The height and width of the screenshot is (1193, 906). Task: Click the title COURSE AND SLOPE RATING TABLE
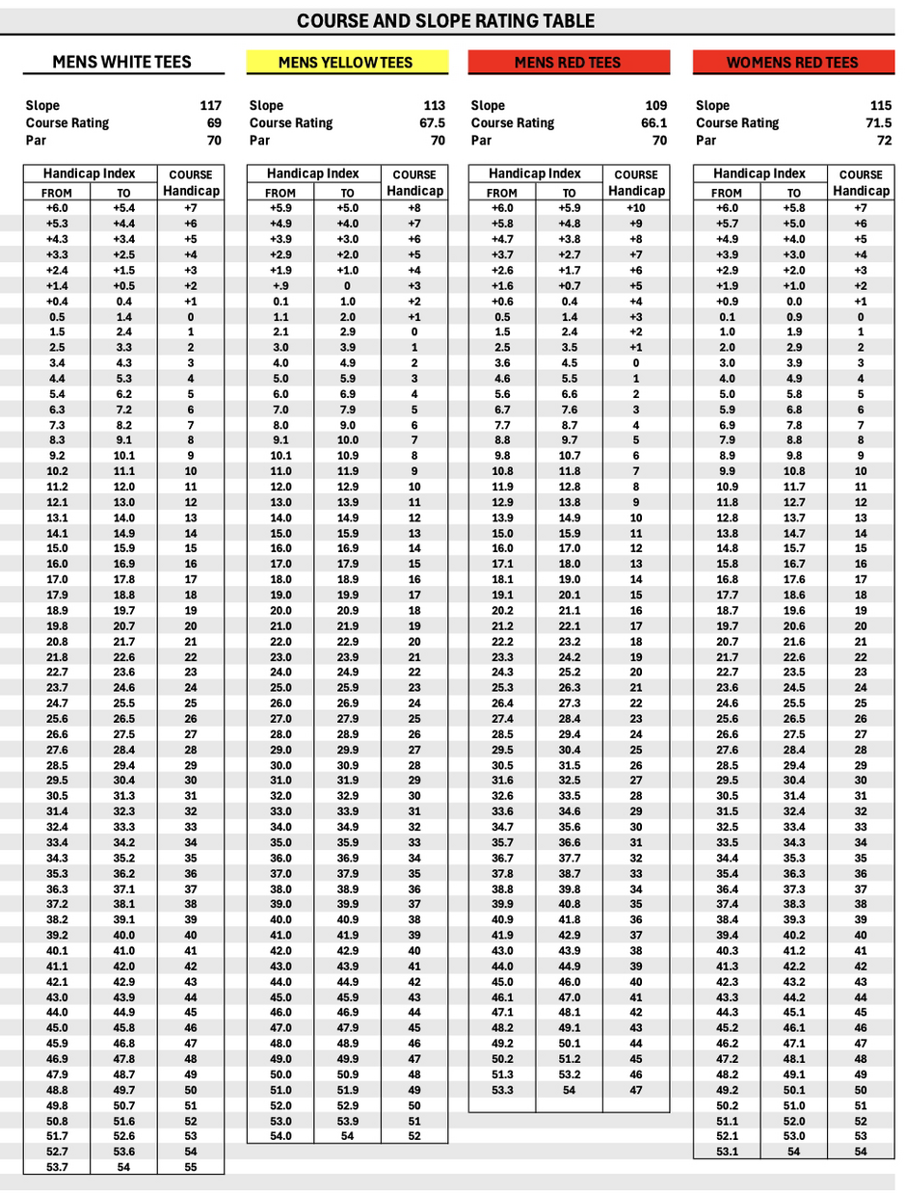coord(445,20)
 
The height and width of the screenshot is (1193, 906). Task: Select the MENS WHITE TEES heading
coord(121,63)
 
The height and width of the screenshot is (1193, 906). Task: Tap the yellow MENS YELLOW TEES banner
coord(345,63)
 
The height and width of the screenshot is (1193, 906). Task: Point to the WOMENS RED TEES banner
coord(792,63)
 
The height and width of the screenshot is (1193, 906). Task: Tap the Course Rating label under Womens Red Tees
coord(737,123)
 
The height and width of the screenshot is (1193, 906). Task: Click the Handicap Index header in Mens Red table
coord(535,173)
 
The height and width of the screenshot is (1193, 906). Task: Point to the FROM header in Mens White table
coord(57,193)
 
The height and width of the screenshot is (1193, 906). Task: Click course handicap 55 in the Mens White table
coord(190,1167)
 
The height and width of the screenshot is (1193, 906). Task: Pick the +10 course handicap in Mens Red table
coord(636,208)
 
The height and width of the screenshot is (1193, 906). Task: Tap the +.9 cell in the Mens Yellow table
coord(280,286)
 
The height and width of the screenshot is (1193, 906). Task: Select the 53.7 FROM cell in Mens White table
coord(57,1167)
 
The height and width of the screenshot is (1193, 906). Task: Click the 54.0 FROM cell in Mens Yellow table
coord(280,1136)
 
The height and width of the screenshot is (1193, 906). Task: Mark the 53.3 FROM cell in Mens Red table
coord(502,1090)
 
